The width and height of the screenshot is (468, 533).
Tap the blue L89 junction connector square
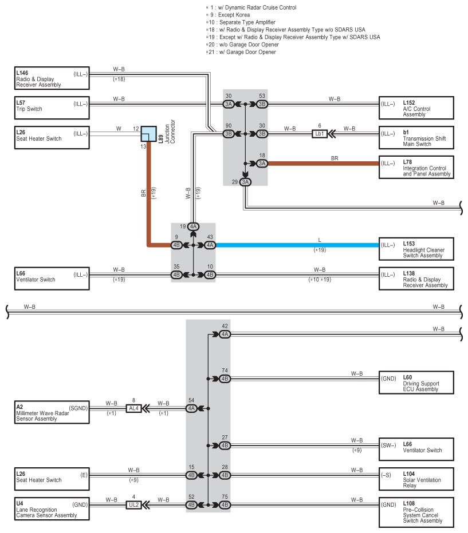click(x=149, y=134)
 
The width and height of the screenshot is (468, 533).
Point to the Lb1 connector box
click(x=320, y=134)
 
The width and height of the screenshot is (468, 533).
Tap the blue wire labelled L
click(x=297, y=245)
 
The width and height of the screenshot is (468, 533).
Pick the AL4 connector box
click(x=134, y=408)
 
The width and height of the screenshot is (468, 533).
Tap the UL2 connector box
click(x=134, y=505)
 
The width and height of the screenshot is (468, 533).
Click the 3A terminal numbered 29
click(x=245, y=182)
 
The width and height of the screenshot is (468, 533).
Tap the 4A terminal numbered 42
click(x=225, y=334)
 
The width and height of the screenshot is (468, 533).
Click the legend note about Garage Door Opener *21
click(x=241, y=52)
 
